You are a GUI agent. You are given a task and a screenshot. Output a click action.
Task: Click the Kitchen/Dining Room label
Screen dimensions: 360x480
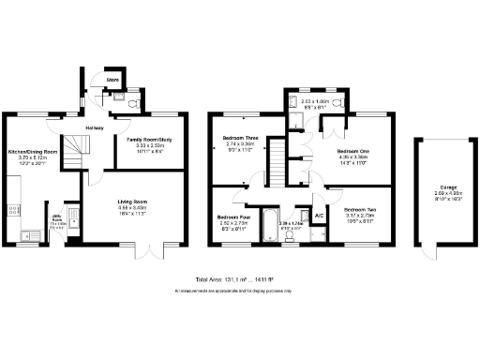pos(34,151)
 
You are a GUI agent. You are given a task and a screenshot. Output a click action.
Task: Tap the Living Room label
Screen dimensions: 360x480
pos(131,202)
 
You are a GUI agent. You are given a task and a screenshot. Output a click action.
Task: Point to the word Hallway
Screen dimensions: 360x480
pos(95,127)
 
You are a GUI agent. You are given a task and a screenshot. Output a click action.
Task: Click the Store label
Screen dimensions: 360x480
pos(112,81)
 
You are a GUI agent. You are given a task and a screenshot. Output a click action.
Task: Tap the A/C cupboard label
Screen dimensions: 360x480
pos(319,217)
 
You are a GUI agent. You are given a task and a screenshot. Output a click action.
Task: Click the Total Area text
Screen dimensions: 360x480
pos(239,280)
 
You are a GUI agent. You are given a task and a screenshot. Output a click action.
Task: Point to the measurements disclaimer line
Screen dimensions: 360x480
pos(239,291)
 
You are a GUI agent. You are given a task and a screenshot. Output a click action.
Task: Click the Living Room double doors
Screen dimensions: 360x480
pos(152,251)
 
